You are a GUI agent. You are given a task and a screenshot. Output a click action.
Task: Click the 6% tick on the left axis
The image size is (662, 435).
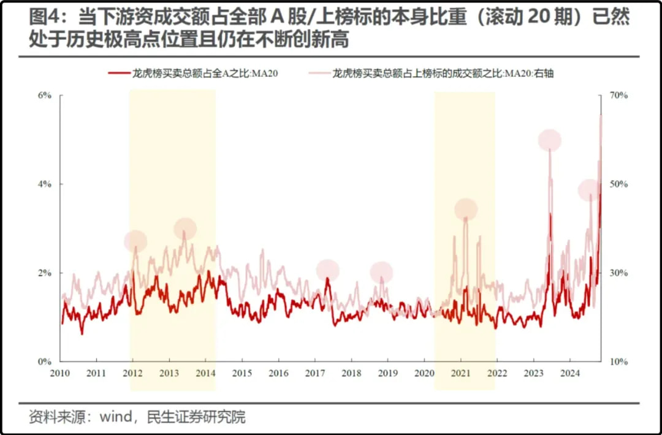45,96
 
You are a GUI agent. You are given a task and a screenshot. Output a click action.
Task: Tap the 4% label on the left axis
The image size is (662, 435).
45,184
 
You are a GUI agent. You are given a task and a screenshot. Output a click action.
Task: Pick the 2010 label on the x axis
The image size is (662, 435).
61,373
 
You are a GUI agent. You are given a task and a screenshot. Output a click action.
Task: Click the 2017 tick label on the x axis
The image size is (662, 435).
315,373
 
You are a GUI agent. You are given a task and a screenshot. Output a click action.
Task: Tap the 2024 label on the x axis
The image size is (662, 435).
570,373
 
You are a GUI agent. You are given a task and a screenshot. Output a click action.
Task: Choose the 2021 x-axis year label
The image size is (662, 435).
461,373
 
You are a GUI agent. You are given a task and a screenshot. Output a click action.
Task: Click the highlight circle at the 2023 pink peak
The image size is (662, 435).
550,140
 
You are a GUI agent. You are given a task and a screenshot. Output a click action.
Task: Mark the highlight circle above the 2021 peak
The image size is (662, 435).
466,210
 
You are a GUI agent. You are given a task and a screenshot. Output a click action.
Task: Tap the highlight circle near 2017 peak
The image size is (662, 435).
328,270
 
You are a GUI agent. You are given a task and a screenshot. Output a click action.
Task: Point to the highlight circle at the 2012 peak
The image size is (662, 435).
135,241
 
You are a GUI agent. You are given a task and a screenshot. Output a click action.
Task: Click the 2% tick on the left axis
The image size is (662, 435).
45,273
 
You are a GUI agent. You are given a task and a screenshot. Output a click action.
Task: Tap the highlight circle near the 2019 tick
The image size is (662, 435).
381,272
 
